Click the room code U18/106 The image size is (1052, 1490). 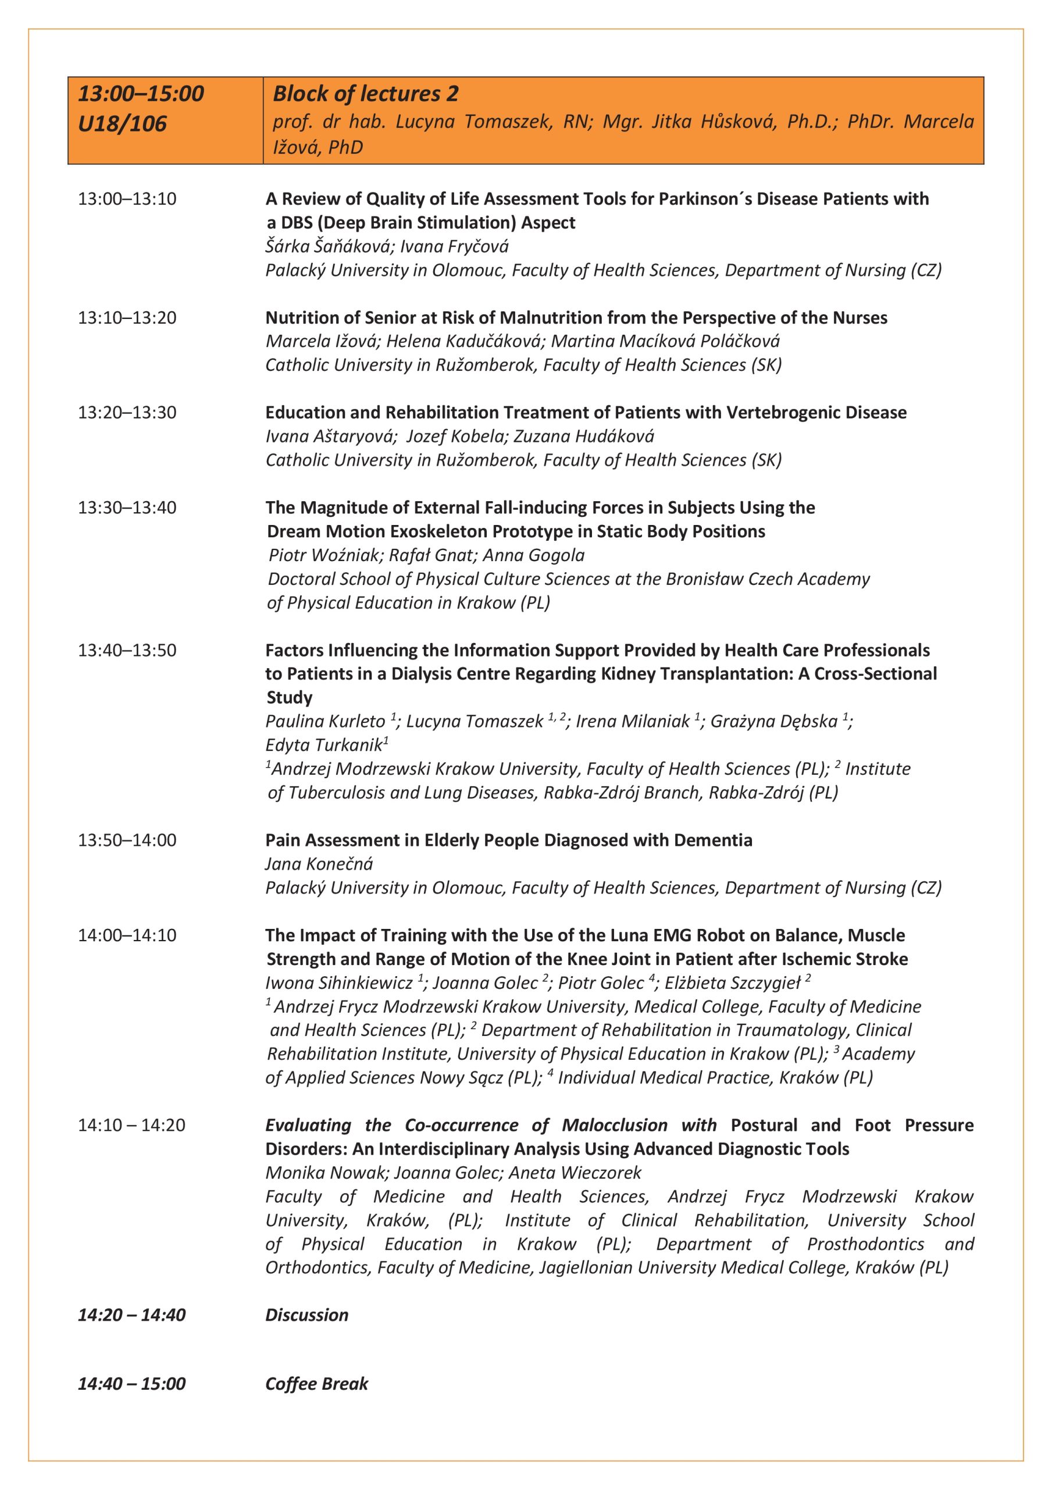[122, 123]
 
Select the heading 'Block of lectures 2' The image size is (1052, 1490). [365, 94]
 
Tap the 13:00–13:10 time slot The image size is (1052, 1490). [127, 198]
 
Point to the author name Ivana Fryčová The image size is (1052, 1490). [454, 247]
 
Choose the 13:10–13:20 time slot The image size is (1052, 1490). [127, 317]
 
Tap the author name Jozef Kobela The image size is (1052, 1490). [455, 436]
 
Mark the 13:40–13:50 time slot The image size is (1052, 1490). [127, 650]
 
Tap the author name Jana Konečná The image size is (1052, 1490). [319, 864]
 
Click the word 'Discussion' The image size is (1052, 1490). [307, 1315]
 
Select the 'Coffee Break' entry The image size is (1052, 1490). [316, 1384]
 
